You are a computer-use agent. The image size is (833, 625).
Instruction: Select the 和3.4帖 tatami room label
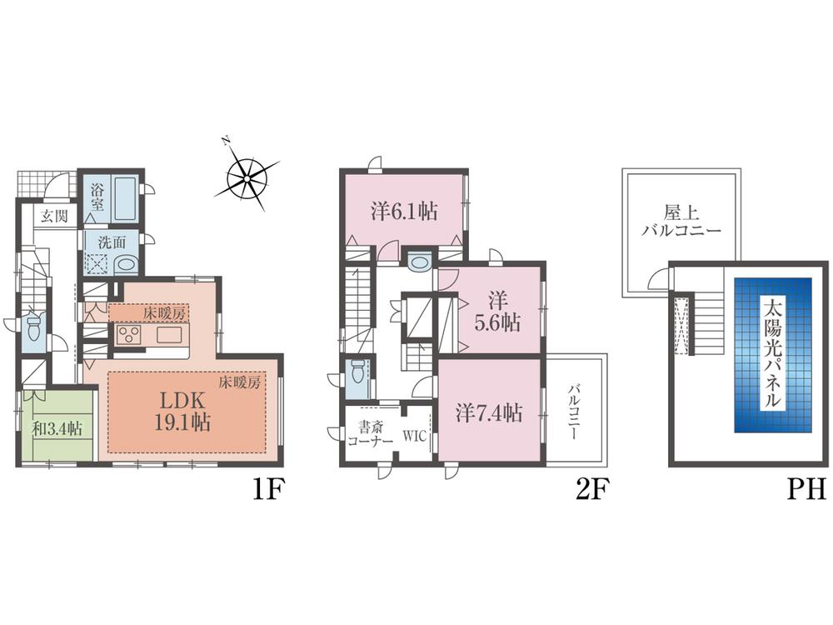tap(57, 428)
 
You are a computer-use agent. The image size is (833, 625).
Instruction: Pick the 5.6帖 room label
tap(498, 309)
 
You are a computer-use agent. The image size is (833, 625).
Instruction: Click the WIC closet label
tap(416, 434)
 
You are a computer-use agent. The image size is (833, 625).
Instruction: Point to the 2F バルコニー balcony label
tap(576, 412)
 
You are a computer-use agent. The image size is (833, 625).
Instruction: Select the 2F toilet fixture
tap(356, 369)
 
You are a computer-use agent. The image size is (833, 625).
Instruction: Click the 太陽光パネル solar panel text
tap(772, 354)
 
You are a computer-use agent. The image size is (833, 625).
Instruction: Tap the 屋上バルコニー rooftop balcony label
tap(681, 221)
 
